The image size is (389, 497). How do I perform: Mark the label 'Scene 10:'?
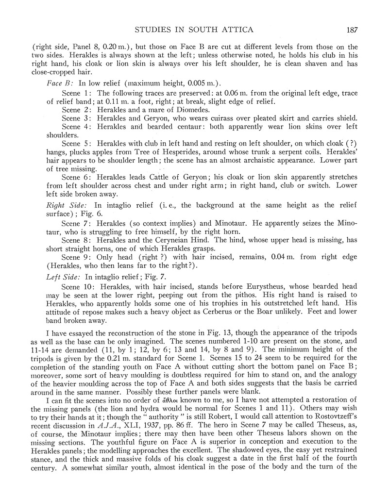(x=80, y=286)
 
